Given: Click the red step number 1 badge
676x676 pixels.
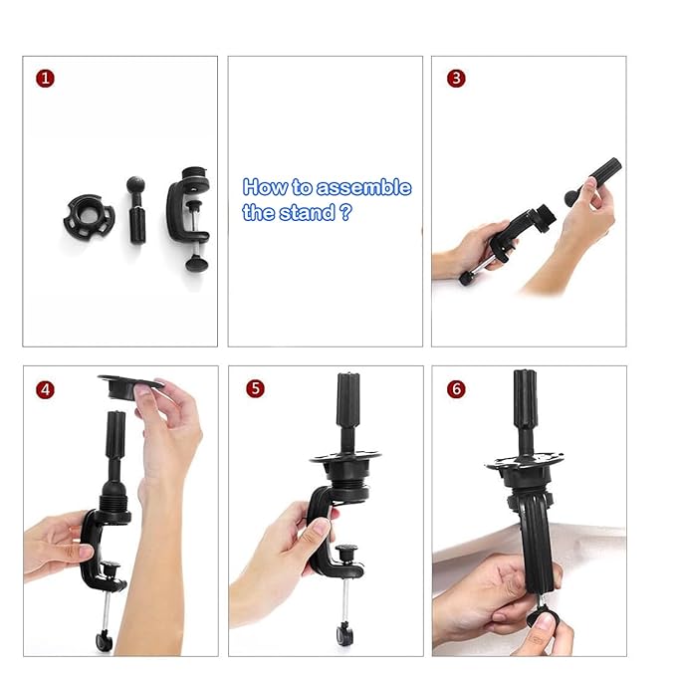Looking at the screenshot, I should click(x=44, y=78).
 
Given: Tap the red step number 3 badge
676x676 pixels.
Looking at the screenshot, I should click(x=456, y=78).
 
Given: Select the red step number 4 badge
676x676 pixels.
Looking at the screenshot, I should click(x=44, y=389).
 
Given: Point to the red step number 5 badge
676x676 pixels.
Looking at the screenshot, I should click(x=255, y=389).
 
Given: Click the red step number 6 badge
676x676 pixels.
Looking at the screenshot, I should click(x=456, y=389).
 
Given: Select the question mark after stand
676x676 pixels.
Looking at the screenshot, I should click(x=344, y=213).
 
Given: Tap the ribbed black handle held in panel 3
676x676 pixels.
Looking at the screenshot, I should click(x=597, y=180).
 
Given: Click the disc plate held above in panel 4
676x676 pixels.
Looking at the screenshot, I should click(x=129, y=383).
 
